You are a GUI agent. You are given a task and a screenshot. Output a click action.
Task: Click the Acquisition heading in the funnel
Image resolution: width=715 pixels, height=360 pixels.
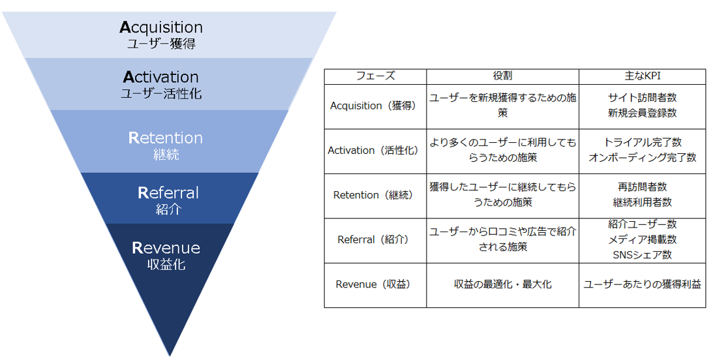coord(161,27)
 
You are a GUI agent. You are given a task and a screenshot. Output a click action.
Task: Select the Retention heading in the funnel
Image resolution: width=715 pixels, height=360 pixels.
coord(165,138)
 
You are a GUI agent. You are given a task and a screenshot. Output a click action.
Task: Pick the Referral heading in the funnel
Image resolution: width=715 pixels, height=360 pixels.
coord(168,193)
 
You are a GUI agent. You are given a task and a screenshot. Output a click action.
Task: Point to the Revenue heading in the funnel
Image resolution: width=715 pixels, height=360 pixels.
coord(166,248)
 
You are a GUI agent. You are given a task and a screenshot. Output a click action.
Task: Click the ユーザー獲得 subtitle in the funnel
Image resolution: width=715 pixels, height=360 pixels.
coord(161,44)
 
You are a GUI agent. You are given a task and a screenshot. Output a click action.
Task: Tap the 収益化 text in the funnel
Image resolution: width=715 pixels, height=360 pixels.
coord(166,264)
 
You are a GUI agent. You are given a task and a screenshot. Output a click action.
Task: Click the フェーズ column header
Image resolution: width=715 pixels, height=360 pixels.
coord(375,76)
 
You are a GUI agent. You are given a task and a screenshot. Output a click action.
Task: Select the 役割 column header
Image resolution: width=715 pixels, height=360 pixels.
coord(502,76)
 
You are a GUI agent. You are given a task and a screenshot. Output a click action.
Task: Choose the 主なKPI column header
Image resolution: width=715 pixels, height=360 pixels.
coord(642,76)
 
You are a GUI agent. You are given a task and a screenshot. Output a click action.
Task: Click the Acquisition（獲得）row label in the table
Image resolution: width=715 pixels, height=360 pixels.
coord(375,106)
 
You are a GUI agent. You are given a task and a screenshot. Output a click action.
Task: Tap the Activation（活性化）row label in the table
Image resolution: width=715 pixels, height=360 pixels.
coord(375,150)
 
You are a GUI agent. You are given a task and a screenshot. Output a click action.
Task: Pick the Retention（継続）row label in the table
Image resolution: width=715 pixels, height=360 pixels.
coord(375,194)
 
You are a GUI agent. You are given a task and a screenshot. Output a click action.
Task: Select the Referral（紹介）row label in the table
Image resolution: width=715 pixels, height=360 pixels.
coord(375,239)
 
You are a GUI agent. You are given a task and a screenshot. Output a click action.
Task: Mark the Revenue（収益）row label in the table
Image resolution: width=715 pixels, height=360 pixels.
coord(375,284)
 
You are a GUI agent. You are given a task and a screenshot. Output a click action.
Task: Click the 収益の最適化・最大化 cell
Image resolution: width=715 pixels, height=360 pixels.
coord(502,284)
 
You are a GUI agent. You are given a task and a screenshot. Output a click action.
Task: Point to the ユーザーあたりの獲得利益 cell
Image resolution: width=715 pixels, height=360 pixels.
coord(642,284)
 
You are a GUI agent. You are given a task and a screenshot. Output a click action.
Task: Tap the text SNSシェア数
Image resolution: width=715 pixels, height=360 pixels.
coord(642,254)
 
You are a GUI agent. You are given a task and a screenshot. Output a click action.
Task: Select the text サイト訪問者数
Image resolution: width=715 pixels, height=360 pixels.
coord(642,98)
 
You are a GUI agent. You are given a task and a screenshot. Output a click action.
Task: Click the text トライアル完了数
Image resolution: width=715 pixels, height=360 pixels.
coord(642,142)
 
